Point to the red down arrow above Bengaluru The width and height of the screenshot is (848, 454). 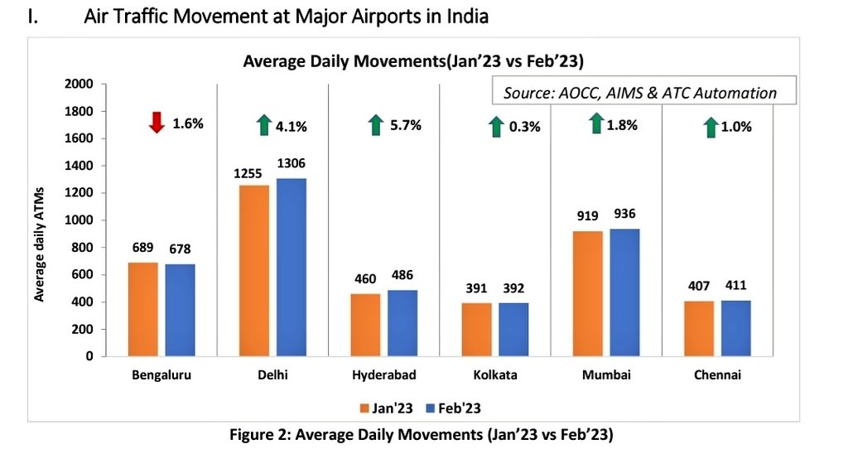[157, 123]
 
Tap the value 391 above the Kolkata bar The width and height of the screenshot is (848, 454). [477, 288]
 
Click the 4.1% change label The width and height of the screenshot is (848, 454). [291, 127]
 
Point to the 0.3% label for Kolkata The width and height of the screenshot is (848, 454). [524, 127]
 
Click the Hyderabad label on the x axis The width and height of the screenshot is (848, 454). [385, 375]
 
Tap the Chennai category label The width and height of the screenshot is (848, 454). [718, 375]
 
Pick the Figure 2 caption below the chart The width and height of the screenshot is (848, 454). [424, 435]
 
